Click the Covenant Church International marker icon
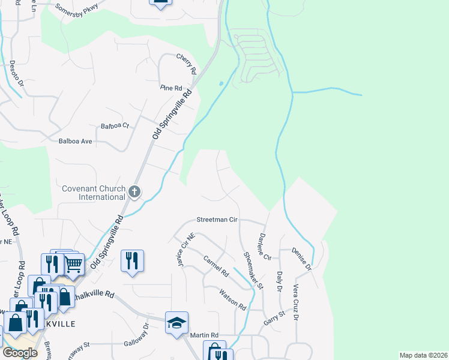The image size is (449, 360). pyautogui.click(x=134, y=192)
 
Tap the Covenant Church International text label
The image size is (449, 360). pyautogui.click(x=94, y=193)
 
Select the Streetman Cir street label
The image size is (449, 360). pyautogui.click(x=217, y=220)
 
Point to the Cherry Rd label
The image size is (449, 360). pyautogui.click(x=187, y=63)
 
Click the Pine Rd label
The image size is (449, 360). pyautogui.click(x=171, y=88)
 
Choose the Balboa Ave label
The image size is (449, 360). pyautogui.click(x=75, y=142)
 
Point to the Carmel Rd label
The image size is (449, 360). pyautogui.click(x=216, y=266)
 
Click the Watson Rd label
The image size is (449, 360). pyautogui.click(x=233, y=299)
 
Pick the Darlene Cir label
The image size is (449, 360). pyautogui.click(x=264, y=246)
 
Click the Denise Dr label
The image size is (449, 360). pyautogui.click(x=301, y=258)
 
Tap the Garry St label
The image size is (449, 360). pyautogui.click(x=274, y=318)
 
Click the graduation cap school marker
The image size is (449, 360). pyautogui.click(x=177, y=323)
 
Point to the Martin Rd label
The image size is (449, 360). pyautogui.click(x=205, y=335)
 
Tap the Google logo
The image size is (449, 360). pyautogui.click(x=20, y=353)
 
